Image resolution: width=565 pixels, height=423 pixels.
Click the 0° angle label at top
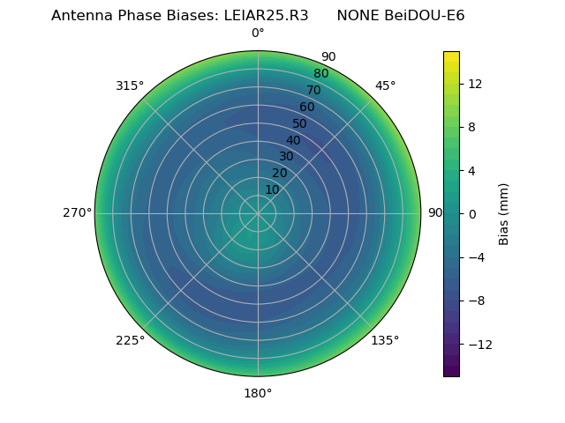[258, 33]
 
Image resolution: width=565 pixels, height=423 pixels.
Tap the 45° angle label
[386, 85]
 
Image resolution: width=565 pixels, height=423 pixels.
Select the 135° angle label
[385, 340]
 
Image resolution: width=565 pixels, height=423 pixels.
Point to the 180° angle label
[258, 393]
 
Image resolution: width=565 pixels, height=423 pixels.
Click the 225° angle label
[130, 340]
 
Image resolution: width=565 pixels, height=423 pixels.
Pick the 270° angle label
[77, 213]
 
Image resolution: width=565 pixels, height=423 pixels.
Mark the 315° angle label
[130, 85]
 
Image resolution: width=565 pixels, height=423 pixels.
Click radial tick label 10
[272, 189]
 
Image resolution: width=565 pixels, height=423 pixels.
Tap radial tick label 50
[300, 123]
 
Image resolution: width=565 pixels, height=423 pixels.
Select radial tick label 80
[320, 73]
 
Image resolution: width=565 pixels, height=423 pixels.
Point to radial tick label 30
[286, 156]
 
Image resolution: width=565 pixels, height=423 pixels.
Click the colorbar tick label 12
[474, 84]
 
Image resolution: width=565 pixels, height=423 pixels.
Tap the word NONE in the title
[358, 16]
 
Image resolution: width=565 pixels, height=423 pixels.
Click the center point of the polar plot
[258, 213]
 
